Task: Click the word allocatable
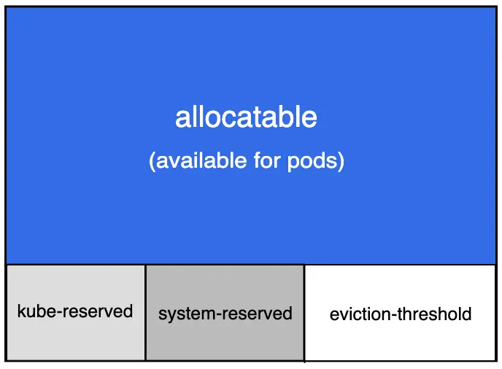pos(246,117)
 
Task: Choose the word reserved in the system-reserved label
pos(258,314)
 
